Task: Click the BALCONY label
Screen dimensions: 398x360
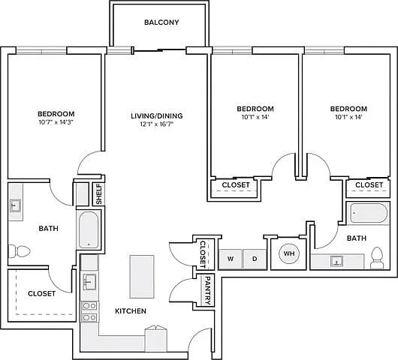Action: (x=161, y=22)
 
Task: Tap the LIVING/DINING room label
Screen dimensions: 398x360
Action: (x=157, y=115)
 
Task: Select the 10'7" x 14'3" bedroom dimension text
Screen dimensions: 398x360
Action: (x=56, y=122)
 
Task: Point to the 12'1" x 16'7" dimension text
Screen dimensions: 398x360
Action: (x=157, y=124)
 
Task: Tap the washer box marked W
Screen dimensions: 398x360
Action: (x=231, y=259)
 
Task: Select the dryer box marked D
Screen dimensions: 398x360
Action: (x=255, y=259)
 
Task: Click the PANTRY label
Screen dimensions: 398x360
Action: (x=207, y=290)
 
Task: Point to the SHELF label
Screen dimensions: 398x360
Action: (x=99, y=194)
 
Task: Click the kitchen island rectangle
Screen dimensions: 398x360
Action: (x=142, y=276)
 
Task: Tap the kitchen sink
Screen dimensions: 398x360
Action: (x=89, y=282)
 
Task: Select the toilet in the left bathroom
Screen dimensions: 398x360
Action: (x=20, y=251)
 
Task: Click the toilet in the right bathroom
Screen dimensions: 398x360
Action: (x=377, y=258)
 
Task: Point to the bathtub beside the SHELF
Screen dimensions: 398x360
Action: (x=89, y=229)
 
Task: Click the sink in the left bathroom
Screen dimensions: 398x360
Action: (x=15, y=205)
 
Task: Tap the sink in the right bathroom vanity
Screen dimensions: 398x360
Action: (x=337, y=261)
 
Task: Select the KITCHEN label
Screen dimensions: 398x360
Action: (x=131, y=311)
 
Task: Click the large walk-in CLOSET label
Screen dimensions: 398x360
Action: (x=41, y=293)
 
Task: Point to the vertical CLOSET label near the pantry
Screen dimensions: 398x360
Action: (x=203, y=254)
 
